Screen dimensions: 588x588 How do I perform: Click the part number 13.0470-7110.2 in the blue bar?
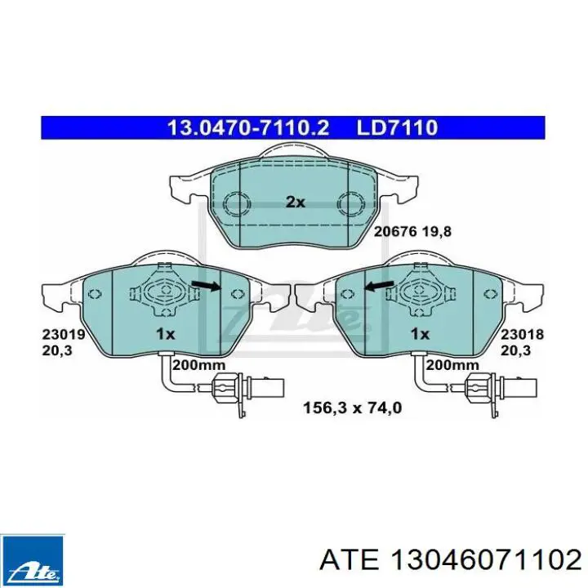248,128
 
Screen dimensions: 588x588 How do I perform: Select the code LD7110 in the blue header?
397,128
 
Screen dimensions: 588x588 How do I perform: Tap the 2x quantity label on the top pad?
296,203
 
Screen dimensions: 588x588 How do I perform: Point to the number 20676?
395,231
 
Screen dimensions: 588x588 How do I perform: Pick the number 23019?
64,334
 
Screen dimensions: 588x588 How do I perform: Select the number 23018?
523,334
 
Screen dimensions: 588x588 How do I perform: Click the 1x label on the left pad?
165,334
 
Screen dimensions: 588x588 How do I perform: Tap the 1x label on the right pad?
420,334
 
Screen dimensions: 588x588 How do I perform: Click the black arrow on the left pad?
206,286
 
